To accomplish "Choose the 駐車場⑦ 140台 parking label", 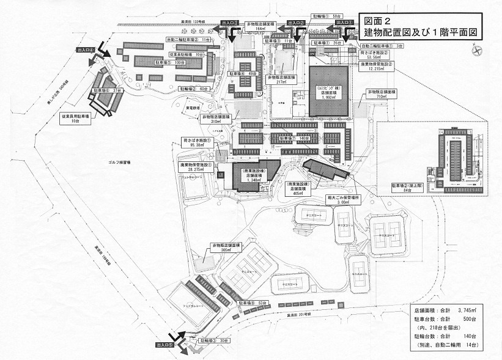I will tap(293, 138).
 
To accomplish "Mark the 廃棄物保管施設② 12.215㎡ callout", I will tap(383, 66).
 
